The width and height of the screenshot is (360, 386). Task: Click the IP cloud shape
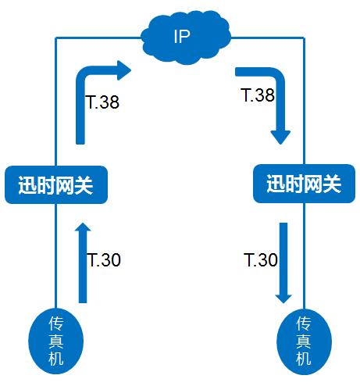point(186,38)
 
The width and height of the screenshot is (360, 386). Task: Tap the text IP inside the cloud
point(182,37)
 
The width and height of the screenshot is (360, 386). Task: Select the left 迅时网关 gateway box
point(56,184)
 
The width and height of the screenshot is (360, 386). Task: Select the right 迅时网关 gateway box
point(304,184)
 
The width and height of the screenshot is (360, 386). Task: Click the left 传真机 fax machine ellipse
point(55,341)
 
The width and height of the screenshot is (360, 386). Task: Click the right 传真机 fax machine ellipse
point(304,341)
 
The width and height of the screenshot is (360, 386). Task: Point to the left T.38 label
point(102,102)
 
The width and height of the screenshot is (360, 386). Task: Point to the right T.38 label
point(258,95)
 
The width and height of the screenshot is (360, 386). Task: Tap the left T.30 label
point(104,259)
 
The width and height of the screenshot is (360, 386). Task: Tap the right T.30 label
point(261,259)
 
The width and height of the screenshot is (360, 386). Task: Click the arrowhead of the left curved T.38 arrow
point(124,70)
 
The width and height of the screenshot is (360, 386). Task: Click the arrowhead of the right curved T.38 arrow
point(280,138)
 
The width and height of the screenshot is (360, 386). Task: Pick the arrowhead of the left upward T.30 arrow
point(83,227)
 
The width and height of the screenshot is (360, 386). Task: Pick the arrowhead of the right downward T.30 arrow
point(283,299)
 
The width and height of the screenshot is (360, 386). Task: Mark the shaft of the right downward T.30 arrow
point(283,259)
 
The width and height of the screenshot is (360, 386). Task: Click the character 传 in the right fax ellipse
point(304,323)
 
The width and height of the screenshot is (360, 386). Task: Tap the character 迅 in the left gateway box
point(27,185)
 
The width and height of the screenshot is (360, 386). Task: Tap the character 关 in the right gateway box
point(331,184)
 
